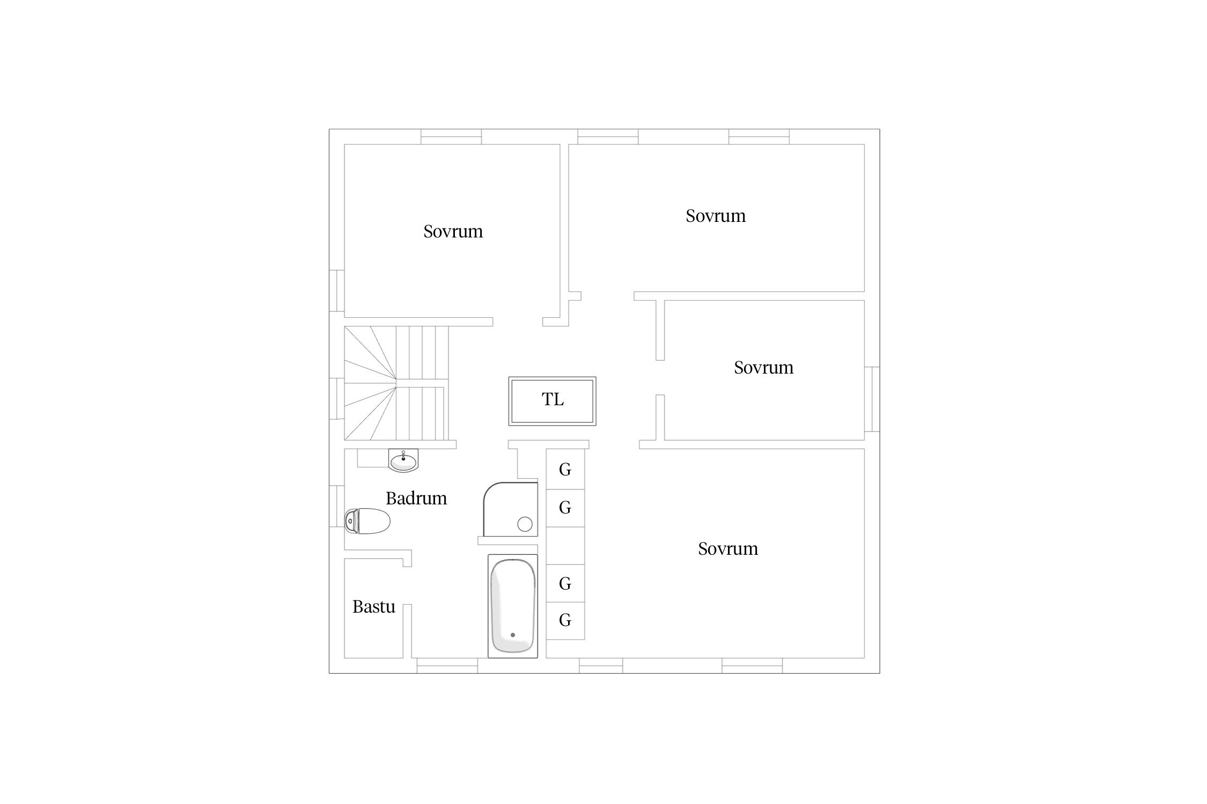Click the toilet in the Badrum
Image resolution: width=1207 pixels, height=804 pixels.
click(x=367, y=521)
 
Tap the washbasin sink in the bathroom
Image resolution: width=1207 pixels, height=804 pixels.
click(x=403, y=460)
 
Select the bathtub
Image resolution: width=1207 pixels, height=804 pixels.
click(x=512, y=606)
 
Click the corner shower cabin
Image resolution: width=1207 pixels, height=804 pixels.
click(x=510, y=509)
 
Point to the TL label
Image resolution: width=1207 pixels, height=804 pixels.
click(x=553, y=399)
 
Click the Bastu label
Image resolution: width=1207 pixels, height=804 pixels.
click(x=374, y=607)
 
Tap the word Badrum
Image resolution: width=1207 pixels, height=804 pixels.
click(x=416, y=498)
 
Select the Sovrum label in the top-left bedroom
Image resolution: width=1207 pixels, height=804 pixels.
click(x=453, y=232)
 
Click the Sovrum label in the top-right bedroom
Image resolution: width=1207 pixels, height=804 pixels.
click(x=716, y=216)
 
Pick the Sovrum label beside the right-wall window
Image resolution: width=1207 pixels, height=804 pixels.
click(x=764, y=368)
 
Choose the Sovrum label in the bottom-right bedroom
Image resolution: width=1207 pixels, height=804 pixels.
click(x=728, y=549)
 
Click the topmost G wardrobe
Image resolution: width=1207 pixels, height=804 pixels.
click(x=565, y=469)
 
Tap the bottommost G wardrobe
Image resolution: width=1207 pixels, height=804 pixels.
click(x=565, y=621)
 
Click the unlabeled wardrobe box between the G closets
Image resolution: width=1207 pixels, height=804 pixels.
click(x=565, y=546)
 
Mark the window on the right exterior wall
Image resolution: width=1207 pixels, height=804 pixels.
click(x=872, y=399)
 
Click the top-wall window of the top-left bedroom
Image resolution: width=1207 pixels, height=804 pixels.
click(x=451, y=137)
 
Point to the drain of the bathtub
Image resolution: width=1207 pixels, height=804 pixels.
click(x=513, y=635)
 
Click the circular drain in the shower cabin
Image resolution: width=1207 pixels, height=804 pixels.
click(x=525, y=524)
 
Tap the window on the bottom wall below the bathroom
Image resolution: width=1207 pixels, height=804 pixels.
click(x=447, y=666)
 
